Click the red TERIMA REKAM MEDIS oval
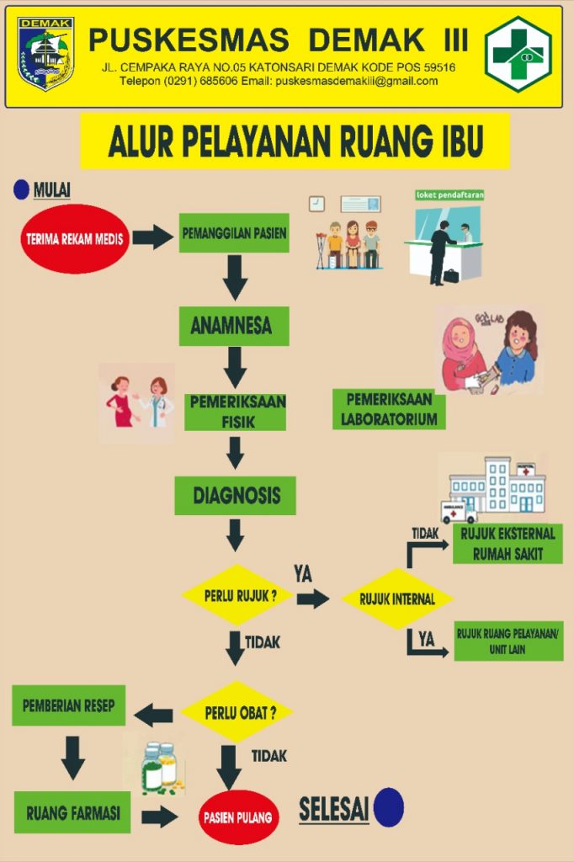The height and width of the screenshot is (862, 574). (75, 238)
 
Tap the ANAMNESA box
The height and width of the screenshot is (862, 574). (234, 326)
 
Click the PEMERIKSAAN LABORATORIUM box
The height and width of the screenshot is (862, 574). (389, 408)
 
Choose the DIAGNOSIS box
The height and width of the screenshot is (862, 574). (236, 495)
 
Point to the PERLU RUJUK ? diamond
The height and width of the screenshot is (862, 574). (237, 595)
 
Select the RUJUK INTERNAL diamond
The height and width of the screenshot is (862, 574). (397, 599)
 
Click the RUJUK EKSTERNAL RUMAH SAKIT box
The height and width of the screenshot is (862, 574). (508, 544)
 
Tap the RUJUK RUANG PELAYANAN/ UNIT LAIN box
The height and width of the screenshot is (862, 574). (508, 641)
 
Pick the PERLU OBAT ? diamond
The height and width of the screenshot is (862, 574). (239, 713)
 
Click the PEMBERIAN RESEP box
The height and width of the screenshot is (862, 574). (69, 705)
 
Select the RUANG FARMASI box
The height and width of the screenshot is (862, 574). (73, 812)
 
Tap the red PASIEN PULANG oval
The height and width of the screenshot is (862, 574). (239, 817)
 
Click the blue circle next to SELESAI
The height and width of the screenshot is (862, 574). (389, 806)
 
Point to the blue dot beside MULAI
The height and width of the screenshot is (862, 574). (21, 190)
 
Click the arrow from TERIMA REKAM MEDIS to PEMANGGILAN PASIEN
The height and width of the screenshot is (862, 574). (152, 237)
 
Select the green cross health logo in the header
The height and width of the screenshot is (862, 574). (518, 54)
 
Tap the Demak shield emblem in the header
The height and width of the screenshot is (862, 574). (46, 54)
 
